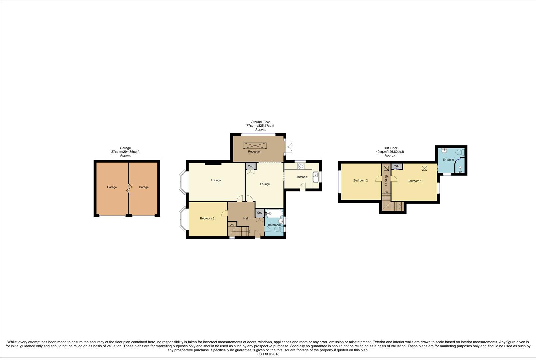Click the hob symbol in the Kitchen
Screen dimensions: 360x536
click(x=301, y=166)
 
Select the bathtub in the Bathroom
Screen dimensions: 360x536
click(x=274, y=213)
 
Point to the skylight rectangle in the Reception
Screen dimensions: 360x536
click(x=255, y=146)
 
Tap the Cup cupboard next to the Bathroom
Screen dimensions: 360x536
click(x=260, y=213)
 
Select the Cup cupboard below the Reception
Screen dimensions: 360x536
click(x=250, y=166)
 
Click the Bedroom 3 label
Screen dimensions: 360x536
click(x=207, y=219)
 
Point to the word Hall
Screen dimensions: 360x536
click(x=246, y=219)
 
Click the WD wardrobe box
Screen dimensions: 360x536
click(x=397, y=166)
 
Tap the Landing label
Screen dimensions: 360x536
click(x=386, y=180)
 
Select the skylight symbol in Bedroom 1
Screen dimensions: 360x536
click(x=424, y=168)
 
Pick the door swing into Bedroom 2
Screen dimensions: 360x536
click(x=379, y=179)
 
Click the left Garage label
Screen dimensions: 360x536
click(x=112, y=187)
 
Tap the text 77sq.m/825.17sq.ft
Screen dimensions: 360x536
click(x=260, y=126)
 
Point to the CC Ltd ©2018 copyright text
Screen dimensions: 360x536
click(x=268, y=354)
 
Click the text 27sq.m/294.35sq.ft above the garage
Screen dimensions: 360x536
click(x=125, y=152)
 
